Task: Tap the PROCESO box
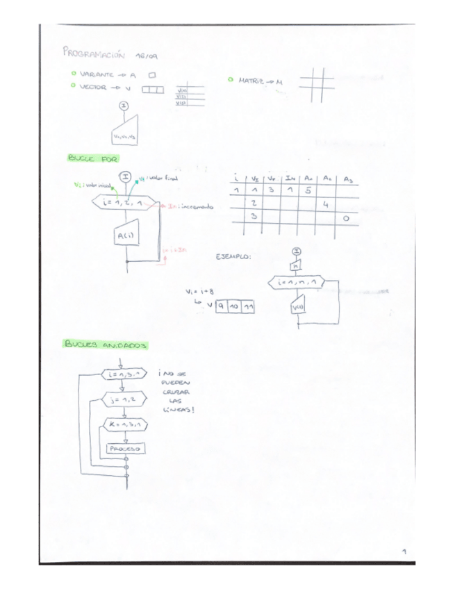pos(125,450)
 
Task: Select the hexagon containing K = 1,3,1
pos(125,424)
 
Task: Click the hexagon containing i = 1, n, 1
pos(297,283)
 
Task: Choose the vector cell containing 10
pos(234,306)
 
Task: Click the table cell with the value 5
pos(308,190)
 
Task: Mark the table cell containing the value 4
pos(326,204)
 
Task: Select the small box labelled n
pos(296,265)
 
